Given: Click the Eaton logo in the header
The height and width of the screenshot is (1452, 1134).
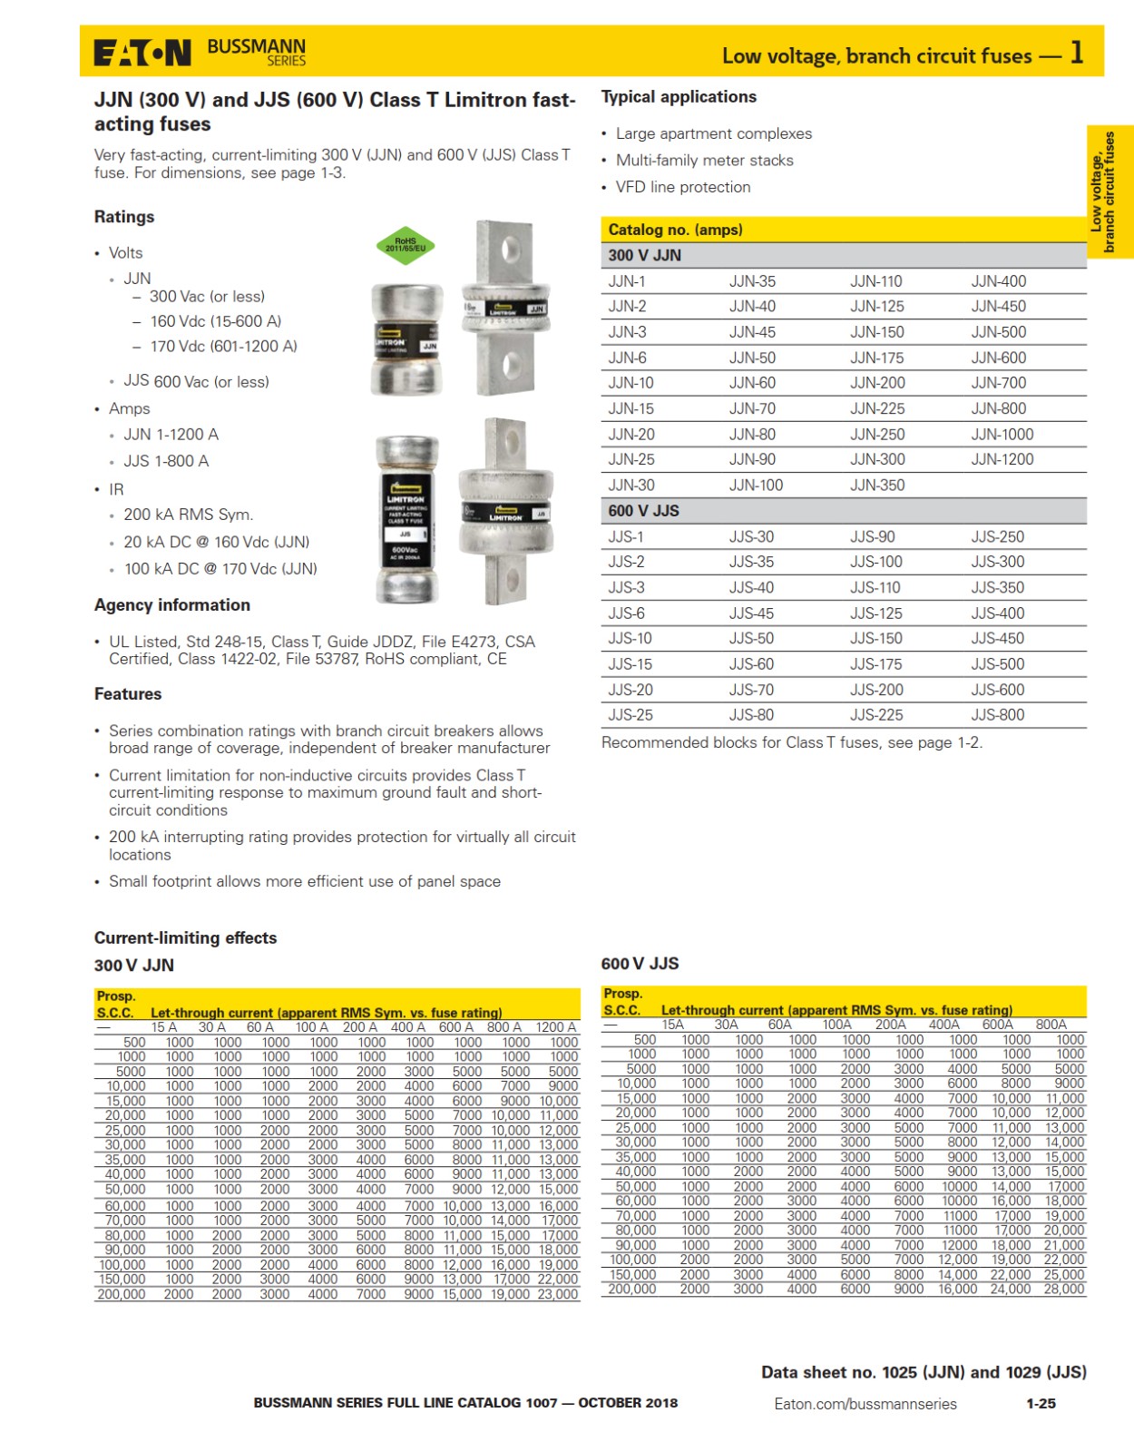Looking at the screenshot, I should [142, 53].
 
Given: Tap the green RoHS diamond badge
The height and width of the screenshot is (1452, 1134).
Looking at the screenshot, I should [406, 245].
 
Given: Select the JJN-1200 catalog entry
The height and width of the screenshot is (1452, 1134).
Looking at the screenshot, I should [1002, 459].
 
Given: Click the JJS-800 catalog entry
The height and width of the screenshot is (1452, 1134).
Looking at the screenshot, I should [997, 715].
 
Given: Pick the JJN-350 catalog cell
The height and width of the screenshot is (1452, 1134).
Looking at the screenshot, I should [877, 486].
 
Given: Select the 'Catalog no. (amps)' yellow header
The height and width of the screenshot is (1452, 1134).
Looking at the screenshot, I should [675, 230].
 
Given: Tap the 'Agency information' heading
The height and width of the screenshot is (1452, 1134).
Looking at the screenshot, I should [172, 605].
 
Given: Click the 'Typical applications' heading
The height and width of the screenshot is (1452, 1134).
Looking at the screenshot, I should [679, 97].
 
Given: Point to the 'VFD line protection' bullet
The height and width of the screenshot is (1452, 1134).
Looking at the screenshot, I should [683, 187].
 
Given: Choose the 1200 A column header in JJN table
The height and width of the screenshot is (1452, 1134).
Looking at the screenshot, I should [555, 1027].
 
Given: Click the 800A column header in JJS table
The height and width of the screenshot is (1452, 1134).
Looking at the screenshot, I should [1051, 1025].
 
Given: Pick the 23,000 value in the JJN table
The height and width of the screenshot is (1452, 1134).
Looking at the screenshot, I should [558, 1294].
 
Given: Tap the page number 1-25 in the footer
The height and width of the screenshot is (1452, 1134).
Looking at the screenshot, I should [1041, 1403].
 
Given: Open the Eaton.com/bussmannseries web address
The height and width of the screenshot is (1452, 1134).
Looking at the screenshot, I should [865, 1404].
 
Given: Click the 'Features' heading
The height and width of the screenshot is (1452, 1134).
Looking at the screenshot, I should [128, 694].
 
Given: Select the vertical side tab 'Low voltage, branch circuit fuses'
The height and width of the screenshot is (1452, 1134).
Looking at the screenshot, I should [1109, 191].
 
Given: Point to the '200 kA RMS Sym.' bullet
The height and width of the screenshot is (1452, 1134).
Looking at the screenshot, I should [188, 515].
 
